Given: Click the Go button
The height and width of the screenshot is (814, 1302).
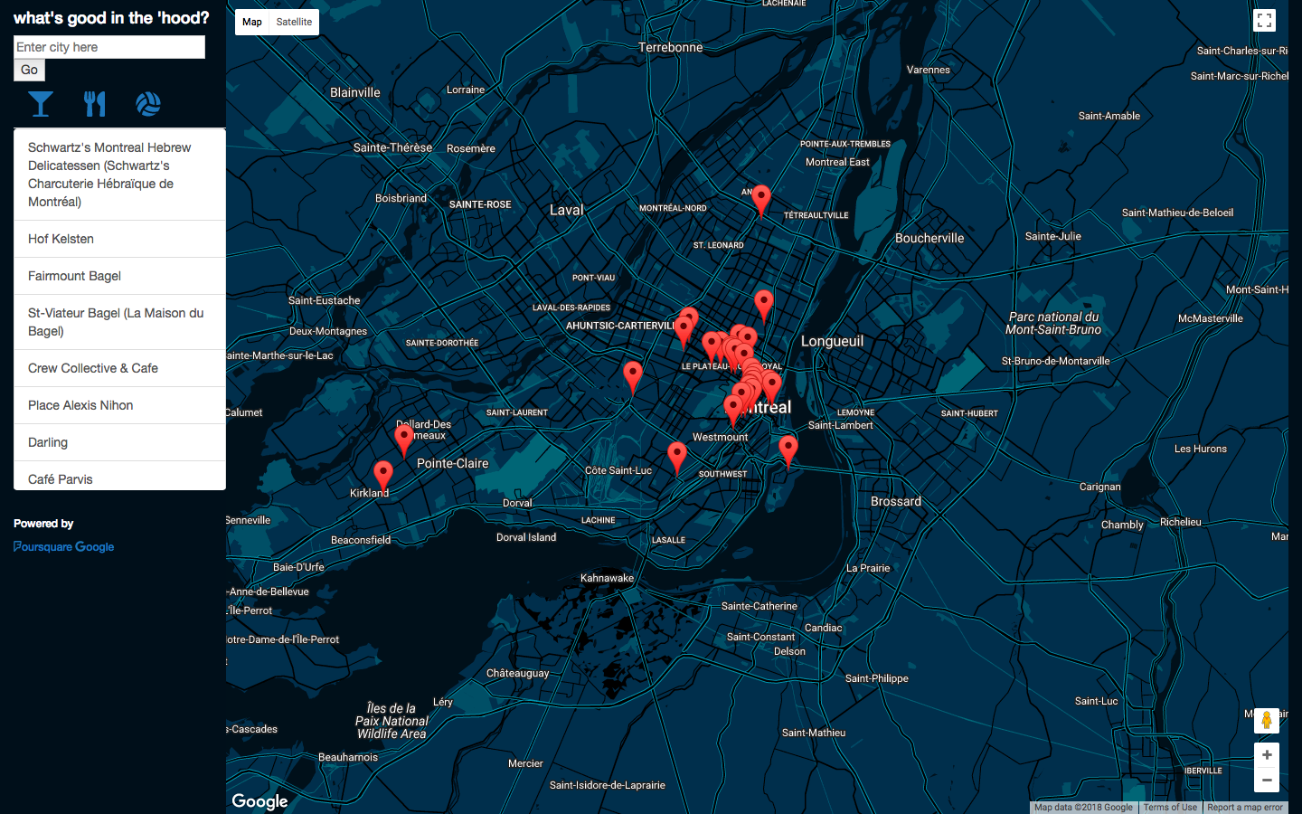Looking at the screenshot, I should pyautogui.click(x=29, y=70).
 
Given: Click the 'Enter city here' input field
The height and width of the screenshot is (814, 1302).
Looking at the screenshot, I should pyautogui.click(x=109, y=47).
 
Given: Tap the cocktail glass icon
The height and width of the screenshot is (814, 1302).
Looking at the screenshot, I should pyautogui.click(x=41, y=104).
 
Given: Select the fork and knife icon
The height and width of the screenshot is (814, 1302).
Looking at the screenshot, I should pyautogui.click(x=95, y=104).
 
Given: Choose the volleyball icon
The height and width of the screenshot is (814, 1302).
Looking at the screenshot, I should pyautogui.click(x=148, y=104).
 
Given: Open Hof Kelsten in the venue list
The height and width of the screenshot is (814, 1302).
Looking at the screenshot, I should pyautogui.click(x=61, y=239).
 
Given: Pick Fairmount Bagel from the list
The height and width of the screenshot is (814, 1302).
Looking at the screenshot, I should pyautogui.click(x=74, y=276).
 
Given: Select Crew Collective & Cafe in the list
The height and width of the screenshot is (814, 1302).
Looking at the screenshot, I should pyautogui.click(x=93, y=368).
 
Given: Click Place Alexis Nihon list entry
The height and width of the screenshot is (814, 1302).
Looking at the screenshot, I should pyautogui.click(x=80, y=405).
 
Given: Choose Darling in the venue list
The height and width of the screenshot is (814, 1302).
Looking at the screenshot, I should pyautogui.click(x=48, y=442).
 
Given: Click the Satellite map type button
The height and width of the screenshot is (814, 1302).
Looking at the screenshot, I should pyautogui.click(x=294, y=22).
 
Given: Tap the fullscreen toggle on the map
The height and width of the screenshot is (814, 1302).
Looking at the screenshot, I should pyautogui.click(x=1264, y=21).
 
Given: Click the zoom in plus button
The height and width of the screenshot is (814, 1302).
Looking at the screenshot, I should pyautogui.click(x=1267, y=755).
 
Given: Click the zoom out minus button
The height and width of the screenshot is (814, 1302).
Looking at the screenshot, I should pyautogui.click(x=1267, y=780).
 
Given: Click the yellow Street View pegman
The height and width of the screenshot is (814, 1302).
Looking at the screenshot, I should pyautogui.click(x=1267, y=720).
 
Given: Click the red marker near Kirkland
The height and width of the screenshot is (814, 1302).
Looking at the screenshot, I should pyautogui.click(x=383, y=474).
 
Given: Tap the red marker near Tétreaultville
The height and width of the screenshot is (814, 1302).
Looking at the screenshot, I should pyautogui.click(x=762, y=199).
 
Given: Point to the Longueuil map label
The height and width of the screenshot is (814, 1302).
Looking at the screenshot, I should pyautogui.click(x=832, y=341).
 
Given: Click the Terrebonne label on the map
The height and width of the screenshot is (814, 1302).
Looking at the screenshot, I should pyautogui.click(x=670, y=47).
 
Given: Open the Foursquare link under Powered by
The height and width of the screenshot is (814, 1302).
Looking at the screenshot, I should pyautogui.click(x=42, y=546).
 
